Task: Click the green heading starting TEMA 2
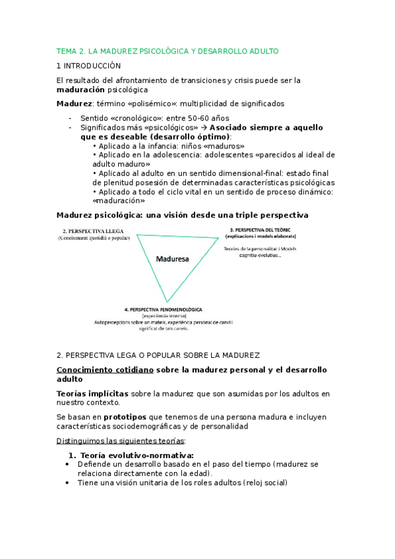tap(167, 51)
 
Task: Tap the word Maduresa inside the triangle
tap(172, 259)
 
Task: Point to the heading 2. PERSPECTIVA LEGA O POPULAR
tap(158, 355)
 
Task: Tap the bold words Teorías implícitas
tap(92, 394)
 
